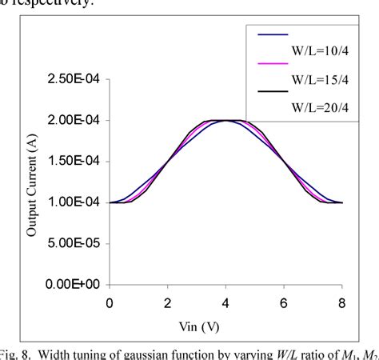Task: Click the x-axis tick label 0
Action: click(x=110, y=303)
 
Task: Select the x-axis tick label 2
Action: click(x=168, y=303)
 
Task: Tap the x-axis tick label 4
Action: click(x=226, y=303)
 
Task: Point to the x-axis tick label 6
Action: click(x=285, y=303)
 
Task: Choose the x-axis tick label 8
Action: click(x=343, y=303)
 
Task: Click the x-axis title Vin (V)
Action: click(x=226, y=326)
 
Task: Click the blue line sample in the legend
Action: click(x=273, y=34)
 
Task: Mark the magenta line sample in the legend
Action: click(x=273, y=64)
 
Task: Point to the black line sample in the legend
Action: click(x=273, y=93)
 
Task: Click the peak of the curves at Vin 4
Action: click(x=226, y=120)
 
